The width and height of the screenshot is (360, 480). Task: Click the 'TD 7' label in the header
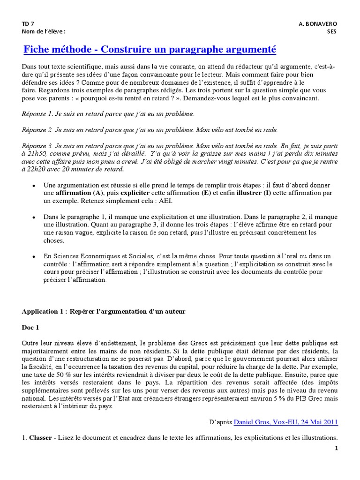(28, 23)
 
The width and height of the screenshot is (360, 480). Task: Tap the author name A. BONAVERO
(317, 23)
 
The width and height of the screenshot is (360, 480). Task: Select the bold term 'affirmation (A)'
(80, 193)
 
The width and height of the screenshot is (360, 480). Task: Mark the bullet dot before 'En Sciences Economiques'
(33, 257)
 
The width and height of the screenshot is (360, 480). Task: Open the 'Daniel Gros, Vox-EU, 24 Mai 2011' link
(285, 422)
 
